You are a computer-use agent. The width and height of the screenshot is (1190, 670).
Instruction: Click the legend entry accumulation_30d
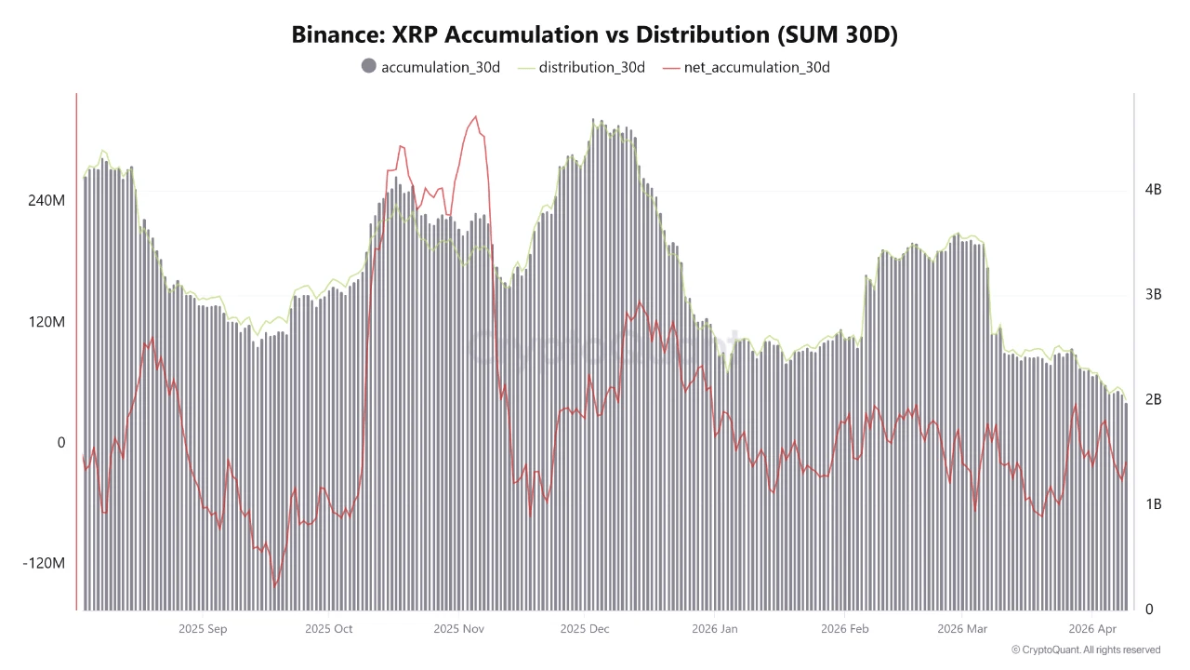coord(440,67)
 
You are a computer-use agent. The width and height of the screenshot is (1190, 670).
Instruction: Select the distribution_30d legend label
coord(591,67)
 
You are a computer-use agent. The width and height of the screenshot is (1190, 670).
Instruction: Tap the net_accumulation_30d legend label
coord(757,67)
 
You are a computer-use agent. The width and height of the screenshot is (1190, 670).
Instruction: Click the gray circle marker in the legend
coord(368,66)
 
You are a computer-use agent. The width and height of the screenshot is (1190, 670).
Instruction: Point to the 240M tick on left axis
coord(46,200)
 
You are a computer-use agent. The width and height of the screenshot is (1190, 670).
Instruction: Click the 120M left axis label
coord(46,321)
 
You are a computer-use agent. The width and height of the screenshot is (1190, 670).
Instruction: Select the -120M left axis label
coord(44,563)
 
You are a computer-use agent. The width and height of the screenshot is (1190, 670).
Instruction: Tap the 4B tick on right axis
coord(1154,189)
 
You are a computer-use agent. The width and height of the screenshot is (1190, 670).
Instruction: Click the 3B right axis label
coord(1154,294)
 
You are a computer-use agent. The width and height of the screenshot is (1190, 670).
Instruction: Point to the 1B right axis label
coord(1154,504)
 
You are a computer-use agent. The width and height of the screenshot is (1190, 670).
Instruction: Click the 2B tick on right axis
coord(1154,399)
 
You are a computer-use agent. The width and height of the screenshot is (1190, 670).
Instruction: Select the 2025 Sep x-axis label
coord(203,629)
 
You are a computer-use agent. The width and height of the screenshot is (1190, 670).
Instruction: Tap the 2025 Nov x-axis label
coord(458,629)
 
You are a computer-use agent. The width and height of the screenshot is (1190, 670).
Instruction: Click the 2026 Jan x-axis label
coord(714,629)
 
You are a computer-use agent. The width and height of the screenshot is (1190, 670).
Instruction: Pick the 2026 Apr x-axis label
coord(1093,629)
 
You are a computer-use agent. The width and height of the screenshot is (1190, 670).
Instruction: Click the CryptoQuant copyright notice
coord(1085,650)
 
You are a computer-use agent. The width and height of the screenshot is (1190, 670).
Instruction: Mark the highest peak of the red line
coord(475,116)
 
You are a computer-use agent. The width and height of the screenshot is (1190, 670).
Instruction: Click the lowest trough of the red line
coord(275,586)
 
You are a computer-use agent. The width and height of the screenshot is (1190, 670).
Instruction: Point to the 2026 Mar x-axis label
coord(963,629)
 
